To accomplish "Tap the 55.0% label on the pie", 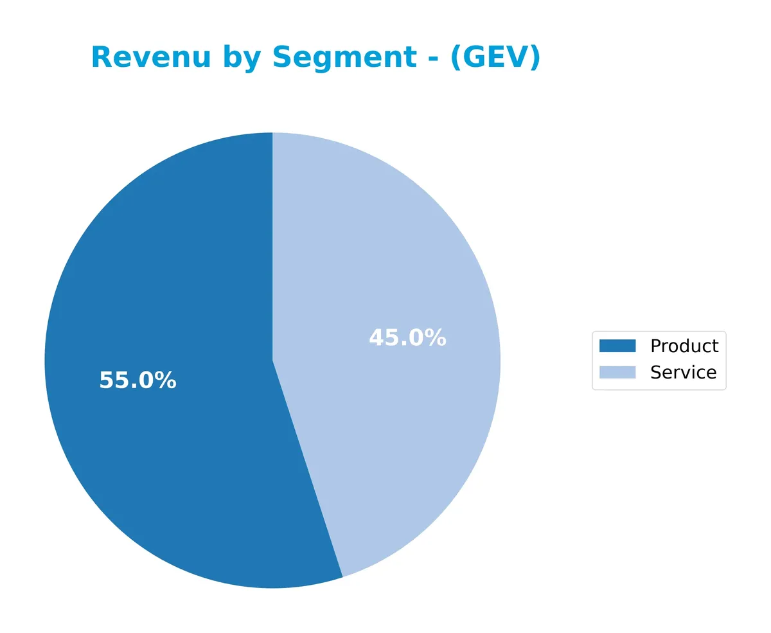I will [137, 380].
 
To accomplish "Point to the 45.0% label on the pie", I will [407, 338].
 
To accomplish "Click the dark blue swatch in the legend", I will [617, 346].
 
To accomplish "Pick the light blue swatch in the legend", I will [617, 372].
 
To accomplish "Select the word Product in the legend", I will [684, 346].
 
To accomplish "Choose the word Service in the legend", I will [682, 372].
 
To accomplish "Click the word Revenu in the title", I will [150, 58].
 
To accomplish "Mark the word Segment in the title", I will [344, 58].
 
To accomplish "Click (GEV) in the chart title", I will [495, 58].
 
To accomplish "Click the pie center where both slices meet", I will [272, 361].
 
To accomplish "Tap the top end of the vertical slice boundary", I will [272, 134].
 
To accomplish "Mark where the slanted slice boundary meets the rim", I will [342, 576].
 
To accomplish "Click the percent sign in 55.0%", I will [166, 380].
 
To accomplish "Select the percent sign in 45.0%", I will [436, 338].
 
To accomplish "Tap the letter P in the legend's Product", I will [655, 346].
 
